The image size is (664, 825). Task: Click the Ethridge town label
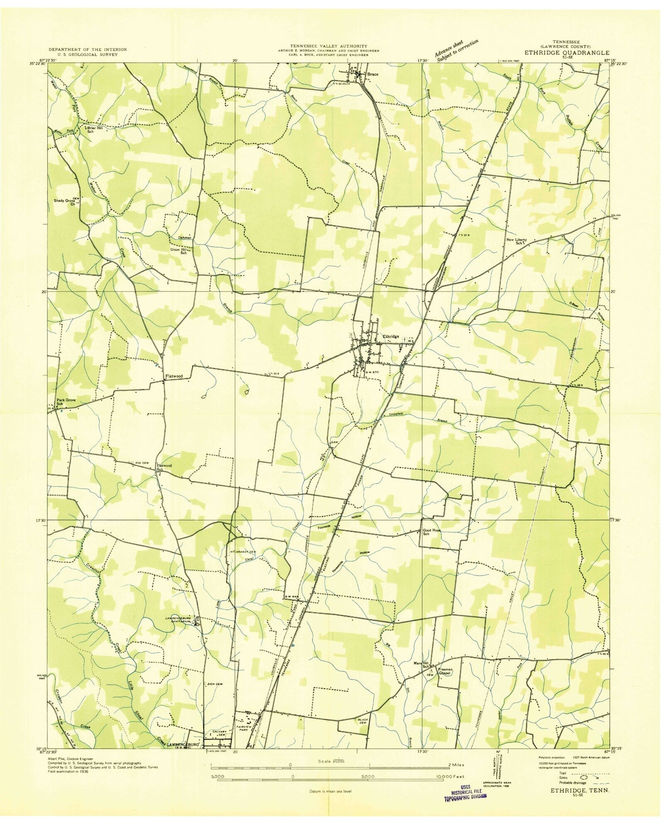(391, 336)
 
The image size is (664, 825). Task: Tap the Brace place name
(373, 74)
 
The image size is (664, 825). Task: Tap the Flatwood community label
(174, 376)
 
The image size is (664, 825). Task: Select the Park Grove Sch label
(66, 402)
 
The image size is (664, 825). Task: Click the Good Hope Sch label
(432, 532)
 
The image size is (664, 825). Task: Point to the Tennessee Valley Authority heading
(328, 46)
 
